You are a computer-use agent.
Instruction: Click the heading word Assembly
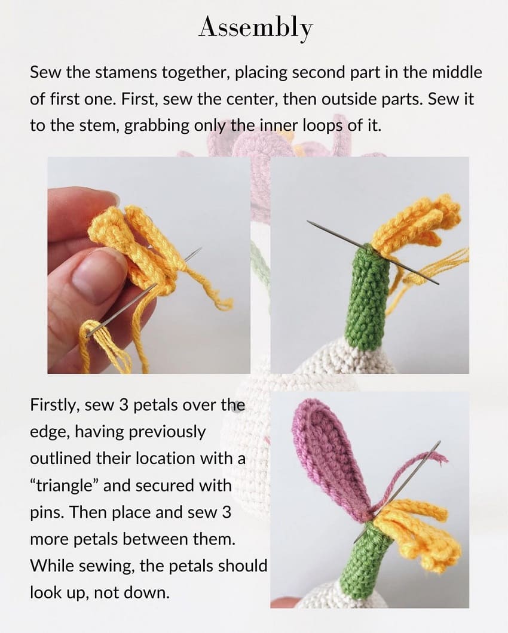(255, 27)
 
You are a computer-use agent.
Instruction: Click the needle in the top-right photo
(335, 233)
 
